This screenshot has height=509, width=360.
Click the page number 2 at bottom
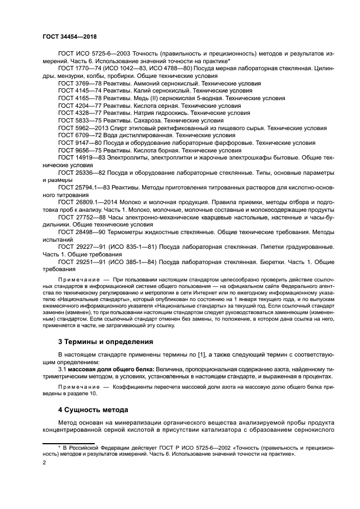45,462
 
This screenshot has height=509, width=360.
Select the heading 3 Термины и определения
105,341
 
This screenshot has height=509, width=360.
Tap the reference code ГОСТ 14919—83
81,157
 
